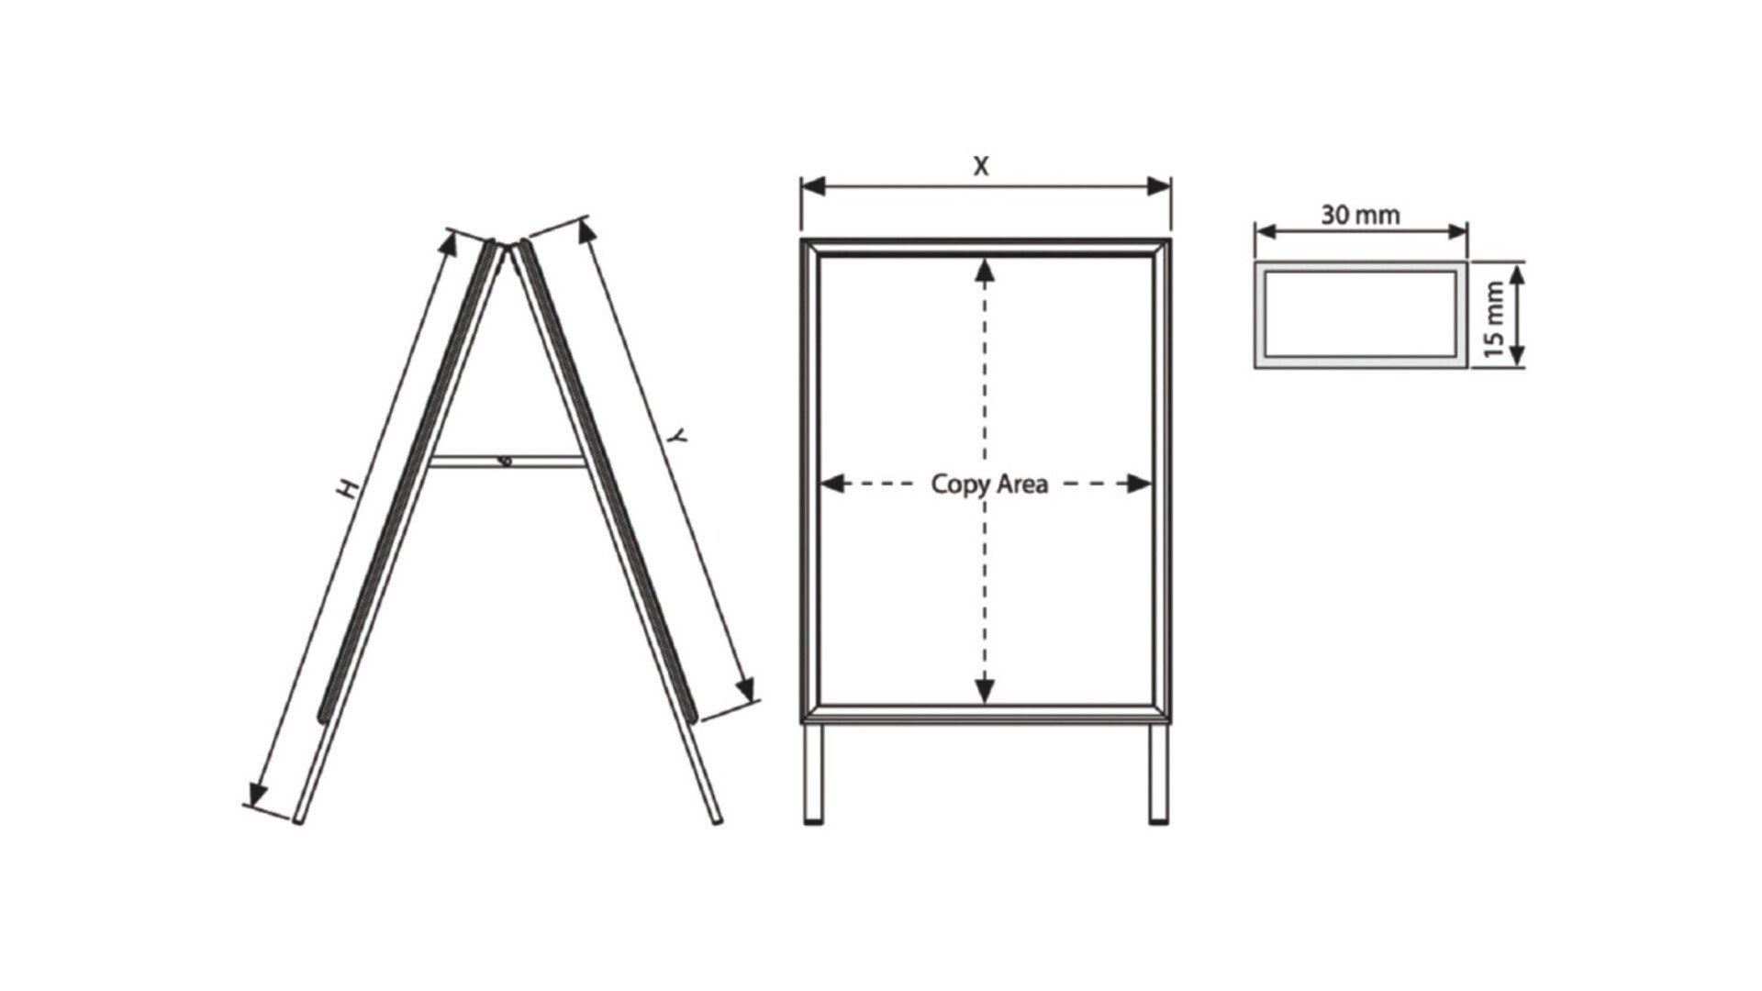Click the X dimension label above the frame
tap(982, 167)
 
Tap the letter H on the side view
tap(347, 489)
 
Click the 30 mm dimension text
tap(1360, 215)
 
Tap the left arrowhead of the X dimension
tap(814, 186)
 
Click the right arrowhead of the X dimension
tap(1159, 186)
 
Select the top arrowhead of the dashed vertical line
tap(985, 270)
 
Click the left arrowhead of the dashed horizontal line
tap(831, 484)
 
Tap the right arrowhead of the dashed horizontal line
tap(1139, 484)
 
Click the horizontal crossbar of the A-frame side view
tap(507, 462)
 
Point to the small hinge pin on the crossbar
tap(506, 461)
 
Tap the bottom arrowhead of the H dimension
tap(258, 792)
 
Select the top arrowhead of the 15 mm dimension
tap(1517, 277)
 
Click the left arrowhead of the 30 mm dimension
tap(1267, 231)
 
